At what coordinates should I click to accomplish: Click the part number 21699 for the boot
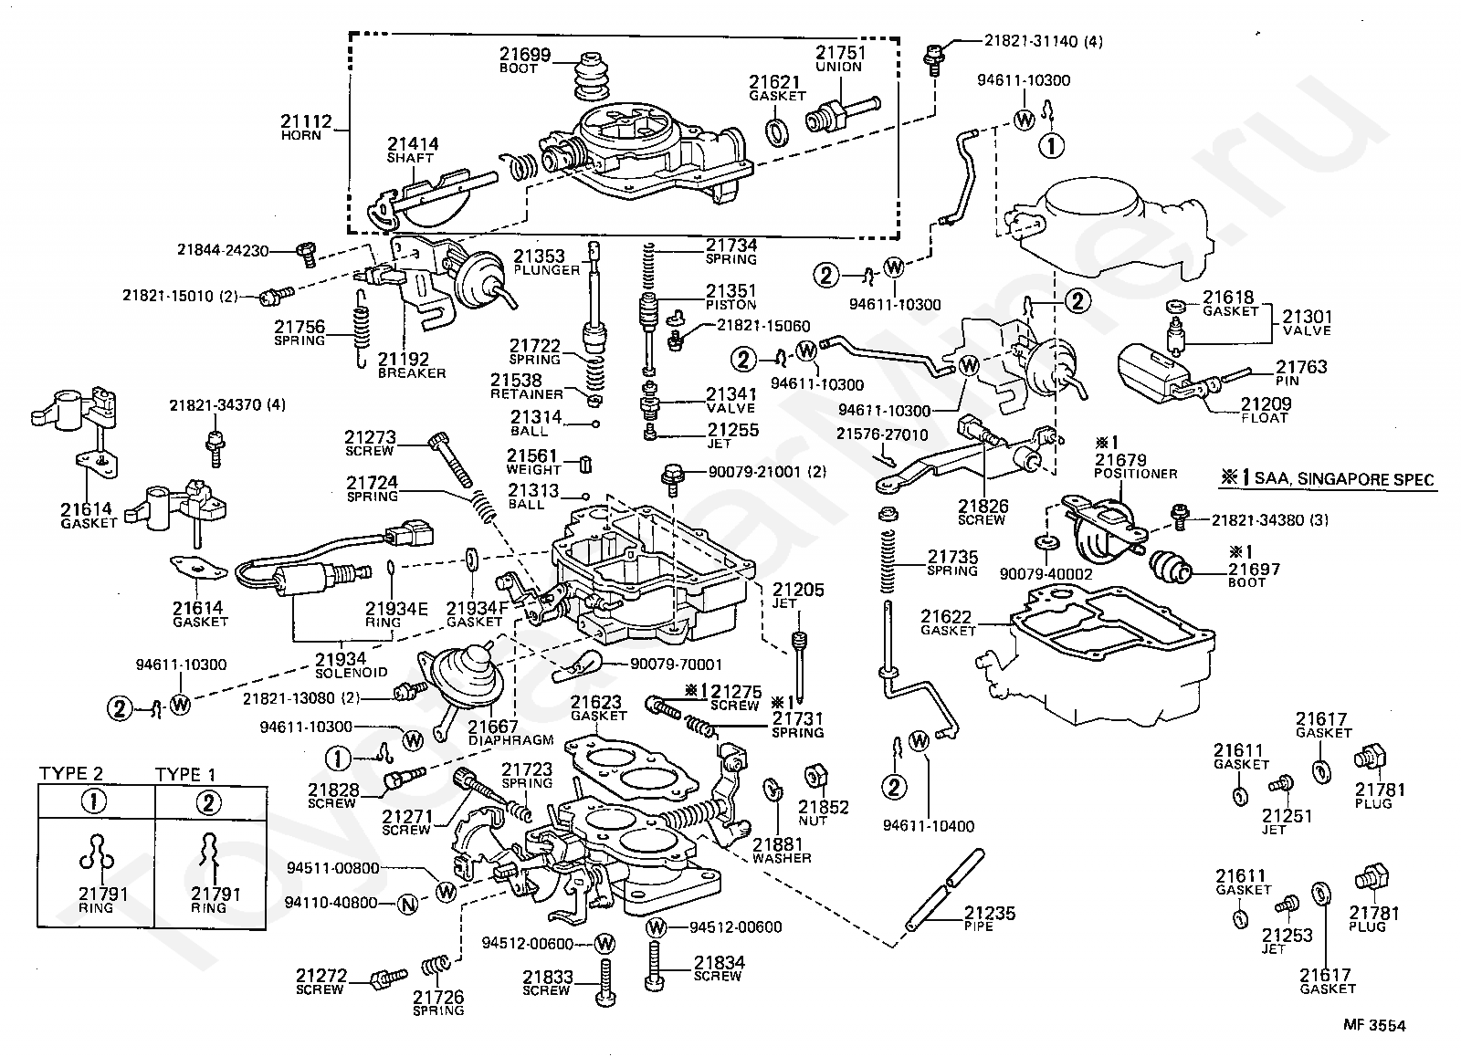coord(525,54)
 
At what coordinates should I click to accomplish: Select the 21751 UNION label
coord(840,58)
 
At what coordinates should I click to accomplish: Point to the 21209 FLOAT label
coord(1266,411)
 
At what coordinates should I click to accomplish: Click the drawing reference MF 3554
coord(1374,1026)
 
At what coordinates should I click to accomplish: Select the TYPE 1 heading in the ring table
coord(184,775)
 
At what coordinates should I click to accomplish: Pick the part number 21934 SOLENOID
coord(351,665)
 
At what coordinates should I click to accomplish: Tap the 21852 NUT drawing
coord(815,777)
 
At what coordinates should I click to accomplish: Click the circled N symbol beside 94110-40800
coord(407,905)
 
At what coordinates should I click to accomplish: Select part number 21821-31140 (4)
coord(1044,41)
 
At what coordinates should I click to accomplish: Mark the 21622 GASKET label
coord(948,623)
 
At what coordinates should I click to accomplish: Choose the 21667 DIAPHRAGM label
coord(510,733)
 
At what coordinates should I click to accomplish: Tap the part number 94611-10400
coord(929,826)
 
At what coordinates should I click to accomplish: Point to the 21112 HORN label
coord(306,128)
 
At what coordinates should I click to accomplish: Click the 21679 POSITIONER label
coord(1136,466)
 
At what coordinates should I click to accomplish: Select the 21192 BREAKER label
coord(412,366)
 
